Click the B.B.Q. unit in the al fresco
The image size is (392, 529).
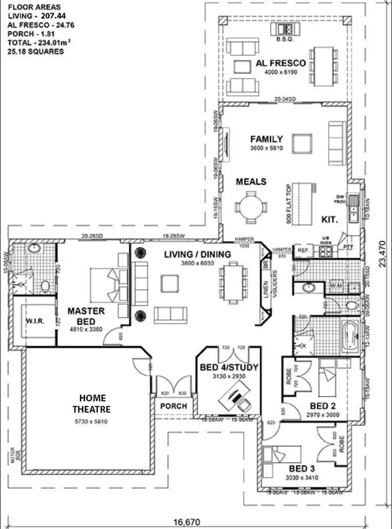[285, 29]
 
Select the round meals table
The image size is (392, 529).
[252, 206]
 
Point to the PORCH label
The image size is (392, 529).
[174, 406]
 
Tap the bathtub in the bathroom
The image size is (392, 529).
[349, 335]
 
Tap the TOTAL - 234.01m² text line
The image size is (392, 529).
[41, 43]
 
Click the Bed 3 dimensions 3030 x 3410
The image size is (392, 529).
[302, 477]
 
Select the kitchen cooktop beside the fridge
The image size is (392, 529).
[326, 251]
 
